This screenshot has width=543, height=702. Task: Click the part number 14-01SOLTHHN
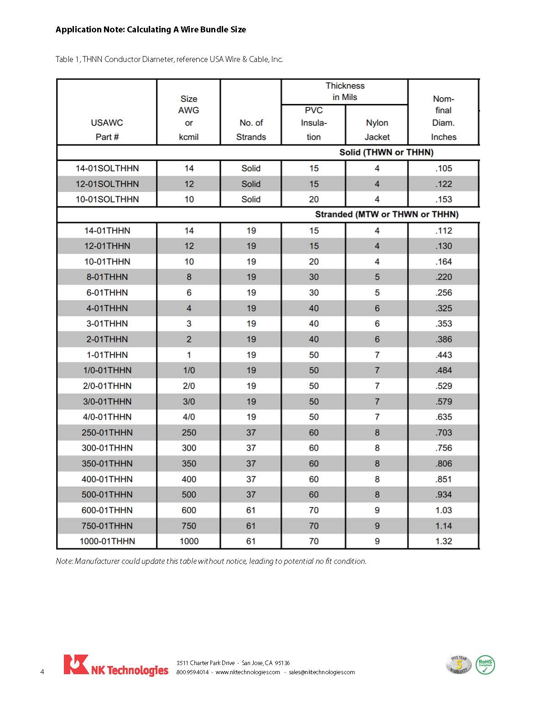[x=107, y=168]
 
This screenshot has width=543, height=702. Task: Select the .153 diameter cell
[x=444, y=199]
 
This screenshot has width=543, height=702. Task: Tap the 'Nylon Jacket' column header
[x=377, y=129]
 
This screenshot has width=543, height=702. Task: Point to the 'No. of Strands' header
[x=251, y=129]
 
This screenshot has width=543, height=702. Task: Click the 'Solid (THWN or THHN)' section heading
[x=386, y=152]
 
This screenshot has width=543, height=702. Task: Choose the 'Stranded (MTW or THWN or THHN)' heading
[x=386, y=214]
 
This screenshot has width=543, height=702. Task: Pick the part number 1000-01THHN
[x=107, y=541]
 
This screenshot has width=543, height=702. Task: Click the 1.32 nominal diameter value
[x=444, y=541]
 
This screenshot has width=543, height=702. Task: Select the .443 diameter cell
[x=444, y=355]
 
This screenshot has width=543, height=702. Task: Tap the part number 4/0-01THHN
[x=107, y=417]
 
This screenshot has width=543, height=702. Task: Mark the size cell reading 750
[x=189, y=526]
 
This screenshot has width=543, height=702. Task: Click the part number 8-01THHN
[x=107, y=277]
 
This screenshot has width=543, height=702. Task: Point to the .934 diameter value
[x=444, y=494]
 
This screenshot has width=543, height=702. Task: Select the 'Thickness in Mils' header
[x=345, y=91]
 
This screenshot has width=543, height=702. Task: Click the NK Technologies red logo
[x=76, y=665]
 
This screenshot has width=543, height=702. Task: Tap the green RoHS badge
[x=485, y=665]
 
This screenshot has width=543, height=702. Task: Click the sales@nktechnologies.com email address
[x=322, y=672]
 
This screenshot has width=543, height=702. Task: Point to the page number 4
[x=42, y=672]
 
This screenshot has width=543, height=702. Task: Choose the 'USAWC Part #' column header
[x=107, y=129]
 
